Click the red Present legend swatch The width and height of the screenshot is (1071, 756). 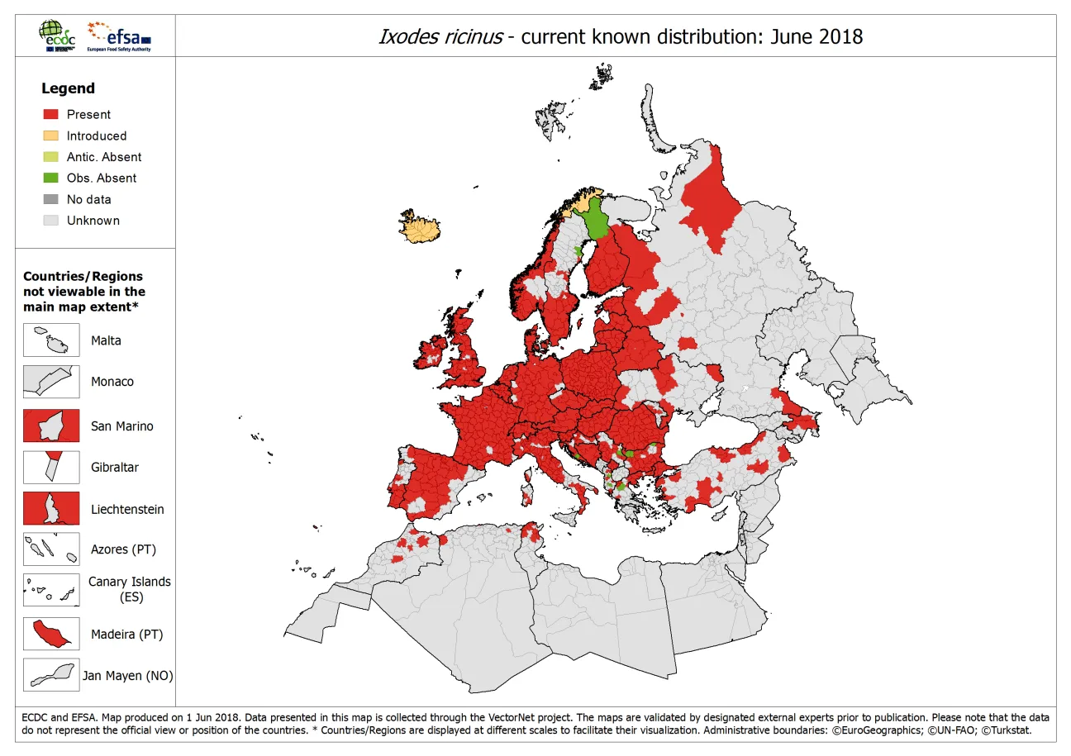[51, 115]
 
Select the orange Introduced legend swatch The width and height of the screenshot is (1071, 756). [51, 136]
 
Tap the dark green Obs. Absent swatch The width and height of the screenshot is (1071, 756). [51, 178]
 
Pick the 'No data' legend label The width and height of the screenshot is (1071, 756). [88, 199]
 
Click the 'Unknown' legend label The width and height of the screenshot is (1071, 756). [93, 221]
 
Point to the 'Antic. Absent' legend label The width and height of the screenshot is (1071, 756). [103, 157]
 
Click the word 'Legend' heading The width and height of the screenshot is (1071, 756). [68, 88]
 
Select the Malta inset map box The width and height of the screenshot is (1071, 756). [51, 340]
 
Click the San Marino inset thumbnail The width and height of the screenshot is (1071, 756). [51, 426]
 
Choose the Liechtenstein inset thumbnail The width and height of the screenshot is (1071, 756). [51, 508]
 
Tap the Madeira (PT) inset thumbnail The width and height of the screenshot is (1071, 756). [51, 634]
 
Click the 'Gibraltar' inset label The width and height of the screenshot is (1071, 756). [115, 467]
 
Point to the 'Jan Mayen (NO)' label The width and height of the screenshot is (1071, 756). [127, 676]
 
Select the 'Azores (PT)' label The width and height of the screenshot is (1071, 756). [123, 549]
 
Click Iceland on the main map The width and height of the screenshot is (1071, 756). [418, 229]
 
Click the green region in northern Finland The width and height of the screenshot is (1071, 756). [595, 221]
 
